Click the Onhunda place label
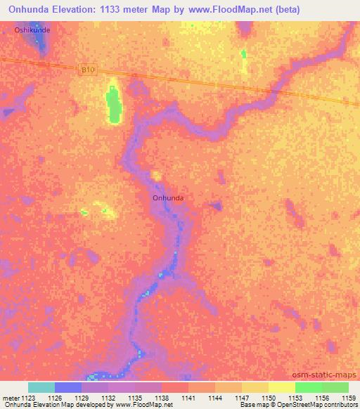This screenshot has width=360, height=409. (168, 198)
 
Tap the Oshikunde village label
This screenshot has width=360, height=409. (32, 32)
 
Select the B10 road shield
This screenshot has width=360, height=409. (86, 69)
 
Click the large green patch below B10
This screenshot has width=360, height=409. (112, 105)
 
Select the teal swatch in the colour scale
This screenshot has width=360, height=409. (41, 387)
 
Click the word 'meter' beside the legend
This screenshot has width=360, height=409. (9, 398)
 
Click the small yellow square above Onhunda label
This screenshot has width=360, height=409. (155, 176)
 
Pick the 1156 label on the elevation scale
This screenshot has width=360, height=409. (322, 398)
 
